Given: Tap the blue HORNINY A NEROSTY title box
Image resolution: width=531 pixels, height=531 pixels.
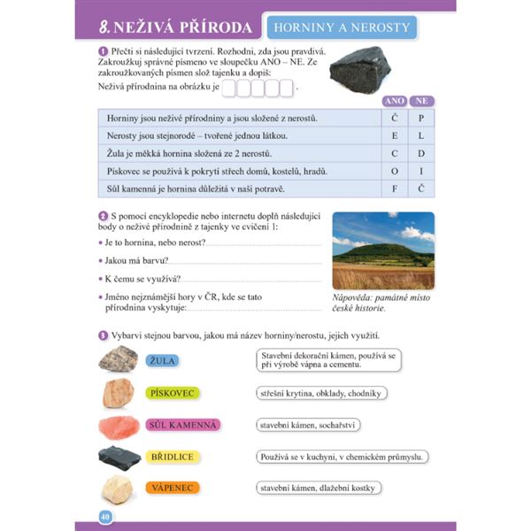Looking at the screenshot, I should coord(341,27).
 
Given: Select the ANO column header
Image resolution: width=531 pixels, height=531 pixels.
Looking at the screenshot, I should coord(395,101).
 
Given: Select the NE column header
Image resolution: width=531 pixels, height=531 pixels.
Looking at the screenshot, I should coord(421,101).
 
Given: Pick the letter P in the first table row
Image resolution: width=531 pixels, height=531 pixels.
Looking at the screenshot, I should coord(421,118).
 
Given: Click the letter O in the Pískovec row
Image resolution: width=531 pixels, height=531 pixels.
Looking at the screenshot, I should coord(395,170).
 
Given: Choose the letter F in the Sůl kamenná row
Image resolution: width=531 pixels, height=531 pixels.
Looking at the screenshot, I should coord(395,188).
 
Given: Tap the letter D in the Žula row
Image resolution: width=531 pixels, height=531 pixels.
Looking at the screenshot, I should coord(421,153).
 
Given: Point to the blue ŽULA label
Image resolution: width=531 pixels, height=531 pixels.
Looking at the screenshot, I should coord(162,360).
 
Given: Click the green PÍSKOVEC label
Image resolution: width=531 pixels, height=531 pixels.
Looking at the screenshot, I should coord(173,393).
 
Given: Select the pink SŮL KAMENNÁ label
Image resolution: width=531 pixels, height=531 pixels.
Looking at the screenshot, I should coord(182,425).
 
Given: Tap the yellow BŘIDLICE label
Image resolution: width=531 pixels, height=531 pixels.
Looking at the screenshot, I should coord(173,457).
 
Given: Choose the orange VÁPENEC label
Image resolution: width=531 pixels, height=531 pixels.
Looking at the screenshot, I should coord(173,488).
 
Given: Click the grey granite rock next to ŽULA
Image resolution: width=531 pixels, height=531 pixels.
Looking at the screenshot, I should coord(118,358).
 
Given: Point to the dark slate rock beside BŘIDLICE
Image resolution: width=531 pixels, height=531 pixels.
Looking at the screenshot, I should coord(118,457).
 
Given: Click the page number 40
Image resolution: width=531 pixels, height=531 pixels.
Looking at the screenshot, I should coord(104,516).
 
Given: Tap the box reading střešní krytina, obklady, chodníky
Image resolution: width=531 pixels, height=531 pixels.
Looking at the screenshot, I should coord(322,393).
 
